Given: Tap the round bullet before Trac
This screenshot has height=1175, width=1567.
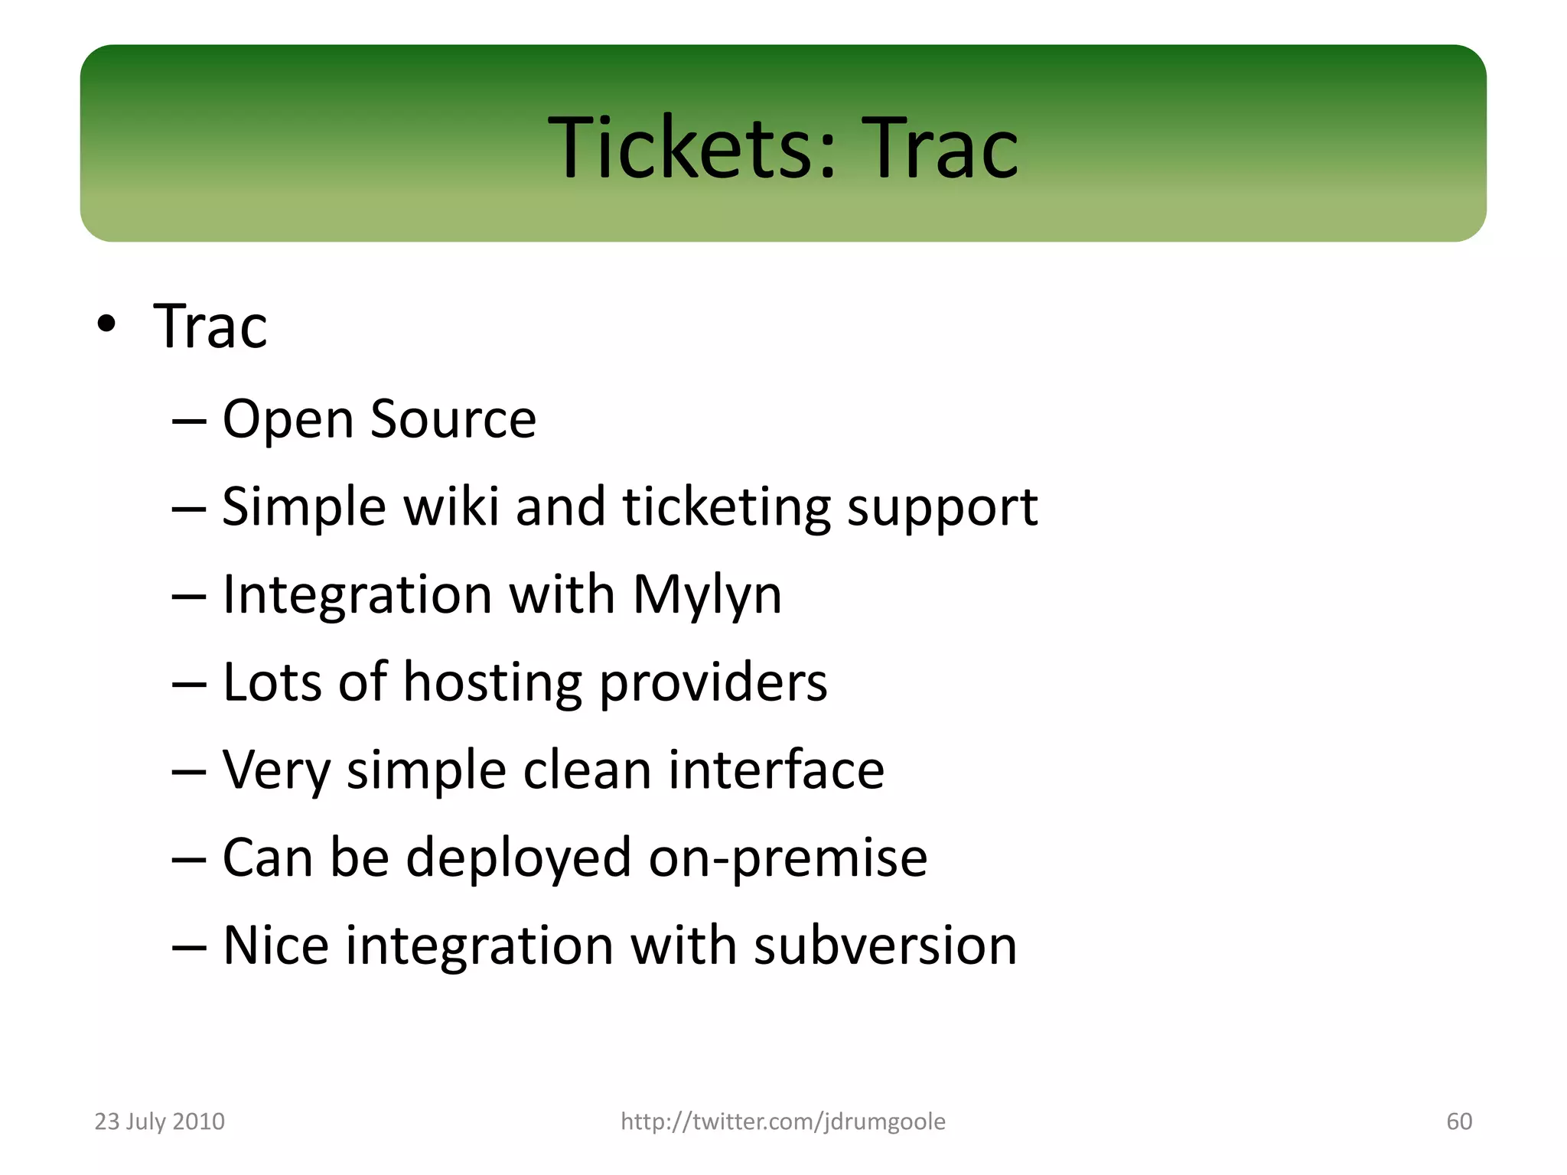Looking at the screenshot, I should tap(106, 325).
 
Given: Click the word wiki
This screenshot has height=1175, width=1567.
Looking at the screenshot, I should tap(451, 506).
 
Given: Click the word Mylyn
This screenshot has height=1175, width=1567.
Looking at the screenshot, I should tap(707, 595).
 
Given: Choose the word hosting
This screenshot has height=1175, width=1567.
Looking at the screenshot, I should tap(492, 682).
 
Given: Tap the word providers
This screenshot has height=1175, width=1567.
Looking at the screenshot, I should tap(712, 682).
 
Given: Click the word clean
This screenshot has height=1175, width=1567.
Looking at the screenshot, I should tap(587, 770).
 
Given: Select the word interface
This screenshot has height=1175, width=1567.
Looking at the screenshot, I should tap(776, 770).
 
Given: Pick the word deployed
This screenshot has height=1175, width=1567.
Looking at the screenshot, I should tap(518, 858).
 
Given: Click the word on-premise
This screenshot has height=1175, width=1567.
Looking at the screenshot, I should tap(788, 858).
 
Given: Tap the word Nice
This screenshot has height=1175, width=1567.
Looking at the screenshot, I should tap(275, 946).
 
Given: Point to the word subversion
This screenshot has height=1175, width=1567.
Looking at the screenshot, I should tap(885, 946).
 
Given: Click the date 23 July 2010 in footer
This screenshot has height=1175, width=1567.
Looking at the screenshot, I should tap(159, 1121).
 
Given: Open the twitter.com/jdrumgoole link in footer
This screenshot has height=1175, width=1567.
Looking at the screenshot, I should tap(783, 1121).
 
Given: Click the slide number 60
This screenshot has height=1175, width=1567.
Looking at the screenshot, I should tap(1458, 1121).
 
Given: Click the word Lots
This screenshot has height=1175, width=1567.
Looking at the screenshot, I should tap(272, 682).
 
